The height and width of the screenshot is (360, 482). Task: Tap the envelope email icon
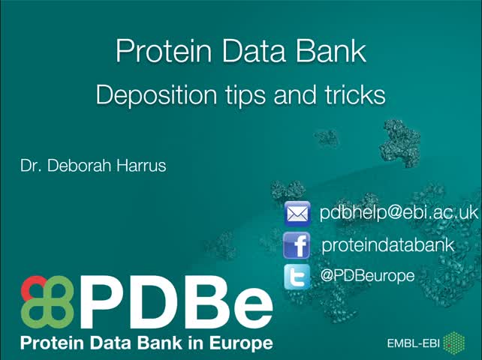(x=297, y=214)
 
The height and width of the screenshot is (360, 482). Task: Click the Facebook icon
(x=297, y=245)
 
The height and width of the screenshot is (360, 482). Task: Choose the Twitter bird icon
(x=297, y=277)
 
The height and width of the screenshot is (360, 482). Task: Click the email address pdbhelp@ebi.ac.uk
(x=399, y=212)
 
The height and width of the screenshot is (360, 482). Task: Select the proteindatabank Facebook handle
(x=387, y=244)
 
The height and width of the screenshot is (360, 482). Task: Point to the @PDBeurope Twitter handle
(x=367, y=276)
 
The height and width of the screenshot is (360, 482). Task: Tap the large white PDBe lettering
(x=176, y=304)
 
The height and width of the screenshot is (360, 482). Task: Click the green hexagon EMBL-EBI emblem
(x=454, y=343)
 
